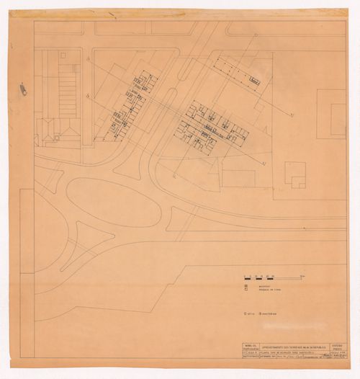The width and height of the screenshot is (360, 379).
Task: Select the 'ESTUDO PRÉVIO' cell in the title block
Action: click(336, 347)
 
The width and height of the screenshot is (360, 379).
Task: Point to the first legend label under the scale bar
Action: click(260, 284)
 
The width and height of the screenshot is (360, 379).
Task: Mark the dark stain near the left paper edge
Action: click(24, 89)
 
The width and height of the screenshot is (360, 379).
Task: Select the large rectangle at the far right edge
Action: click(330, 113)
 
